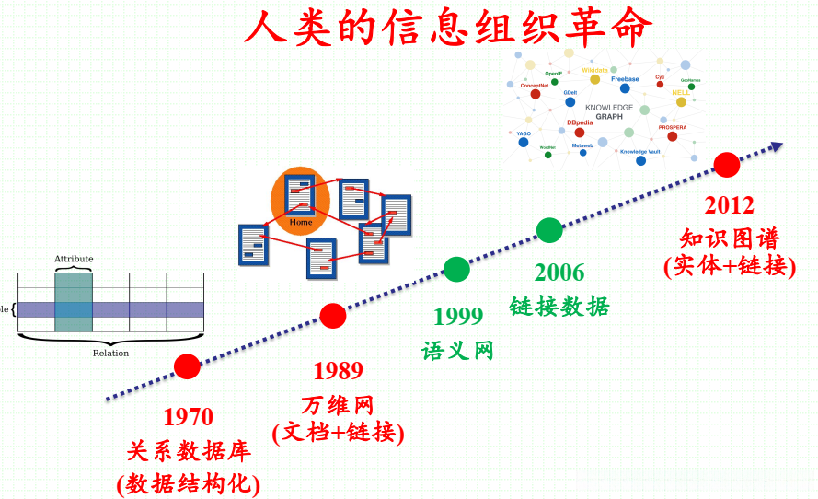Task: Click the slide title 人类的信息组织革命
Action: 448,27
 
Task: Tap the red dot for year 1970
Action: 187,366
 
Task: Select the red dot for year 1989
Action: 333,316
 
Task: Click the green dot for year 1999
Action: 456,269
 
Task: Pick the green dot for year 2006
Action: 549,230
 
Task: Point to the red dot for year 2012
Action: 727,165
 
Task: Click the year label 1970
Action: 188,416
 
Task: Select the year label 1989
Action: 338,370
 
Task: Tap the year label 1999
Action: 458,316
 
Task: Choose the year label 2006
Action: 559,273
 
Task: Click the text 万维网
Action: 338,403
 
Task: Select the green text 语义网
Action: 458,350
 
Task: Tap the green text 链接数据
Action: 559,307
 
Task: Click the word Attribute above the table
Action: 74,259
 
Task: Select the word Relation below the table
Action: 110,353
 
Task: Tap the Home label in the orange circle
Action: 301,223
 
